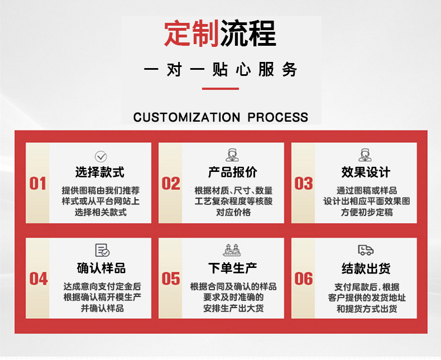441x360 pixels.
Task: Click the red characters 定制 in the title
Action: tap(191, 33)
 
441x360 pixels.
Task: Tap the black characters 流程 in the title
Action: tap(248, 33)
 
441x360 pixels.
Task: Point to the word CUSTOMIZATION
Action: tap(187, 117)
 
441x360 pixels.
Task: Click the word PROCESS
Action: tap(278, 117)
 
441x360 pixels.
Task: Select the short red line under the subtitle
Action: tap(220, 89)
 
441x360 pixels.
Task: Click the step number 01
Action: tap(38, 184)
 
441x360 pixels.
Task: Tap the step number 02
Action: tap(171, 184)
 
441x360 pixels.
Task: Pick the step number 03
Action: tap(304, 184)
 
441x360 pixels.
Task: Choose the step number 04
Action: tap(39, 279)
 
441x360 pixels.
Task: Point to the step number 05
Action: tap(171, 279)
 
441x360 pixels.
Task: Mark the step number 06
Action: tap(304, 279)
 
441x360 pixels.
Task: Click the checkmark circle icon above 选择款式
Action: tap(100, 156)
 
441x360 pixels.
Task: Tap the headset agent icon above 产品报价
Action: tap(232, 155)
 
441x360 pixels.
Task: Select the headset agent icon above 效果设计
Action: tap(365, 155)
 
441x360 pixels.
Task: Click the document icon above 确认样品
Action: tap(102, 250)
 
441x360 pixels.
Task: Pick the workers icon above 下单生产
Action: tap(232, 249)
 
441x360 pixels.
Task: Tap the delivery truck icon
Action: tap(366, 249)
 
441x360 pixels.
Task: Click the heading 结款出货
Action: tap(366, 268)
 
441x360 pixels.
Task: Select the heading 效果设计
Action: tap(366, 172)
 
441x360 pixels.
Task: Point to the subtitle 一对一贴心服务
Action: tap(220, 69)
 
